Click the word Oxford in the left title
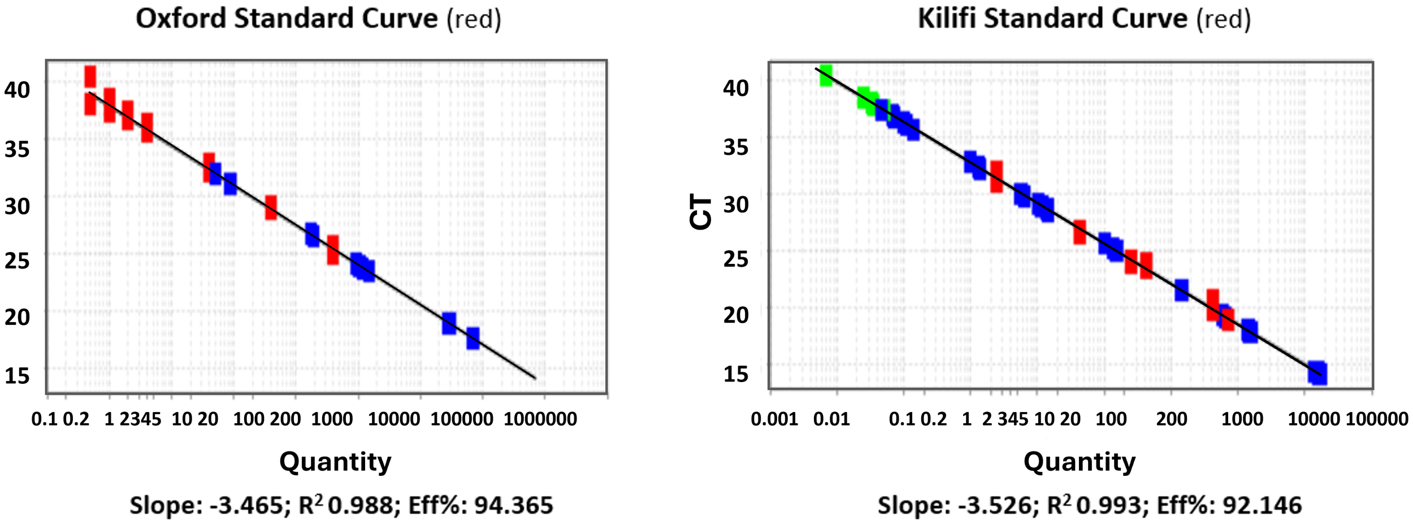pos(181,19)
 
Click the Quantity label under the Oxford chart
pos(335,462)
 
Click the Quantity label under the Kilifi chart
pos(1080,462)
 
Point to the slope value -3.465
pos(246,505)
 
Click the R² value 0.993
pos(1108,505)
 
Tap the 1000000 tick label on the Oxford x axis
pos(540,419)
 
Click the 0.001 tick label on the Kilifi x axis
pos(774,419)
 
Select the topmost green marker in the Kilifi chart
pos(826,75)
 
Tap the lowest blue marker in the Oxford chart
pos(473,339)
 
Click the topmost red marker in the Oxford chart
pos(90,76)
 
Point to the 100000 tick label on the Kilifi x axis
pos(1377,419)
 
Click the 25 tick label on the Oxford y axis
pos(17,261)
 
